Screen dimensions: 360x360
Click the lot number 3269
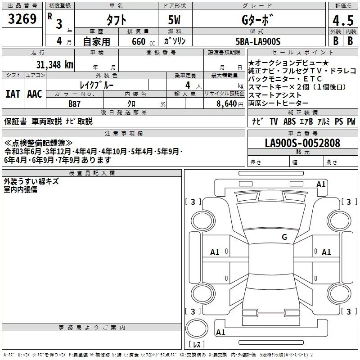[22, 20]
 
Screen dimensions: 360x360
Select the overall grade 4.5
[342, 21]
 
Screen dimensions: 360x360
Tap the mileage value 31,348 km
[54, 64]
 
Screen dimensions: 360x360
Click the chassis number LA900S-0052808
[302, 144]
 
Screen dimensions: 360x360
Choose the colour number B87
[74, 103]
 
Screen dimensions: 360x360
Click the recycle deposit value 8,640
[227, 103]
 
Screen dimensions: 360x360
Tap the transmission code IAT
[13, 94]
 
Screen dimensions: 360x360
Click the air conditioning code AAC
[35, 94]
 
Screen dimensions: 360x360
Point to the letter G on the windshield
[284, 237]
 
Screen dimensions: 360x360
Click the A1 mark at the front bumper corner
[321, 184]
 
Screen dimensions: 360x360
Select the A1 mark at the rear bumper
[220, 333]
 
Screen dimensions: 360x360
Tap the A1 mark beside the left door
[215, 252]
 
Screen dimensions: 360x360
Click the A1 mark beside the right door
[326, 252]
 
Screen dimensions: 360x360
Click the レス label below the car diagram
[197, 344]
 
